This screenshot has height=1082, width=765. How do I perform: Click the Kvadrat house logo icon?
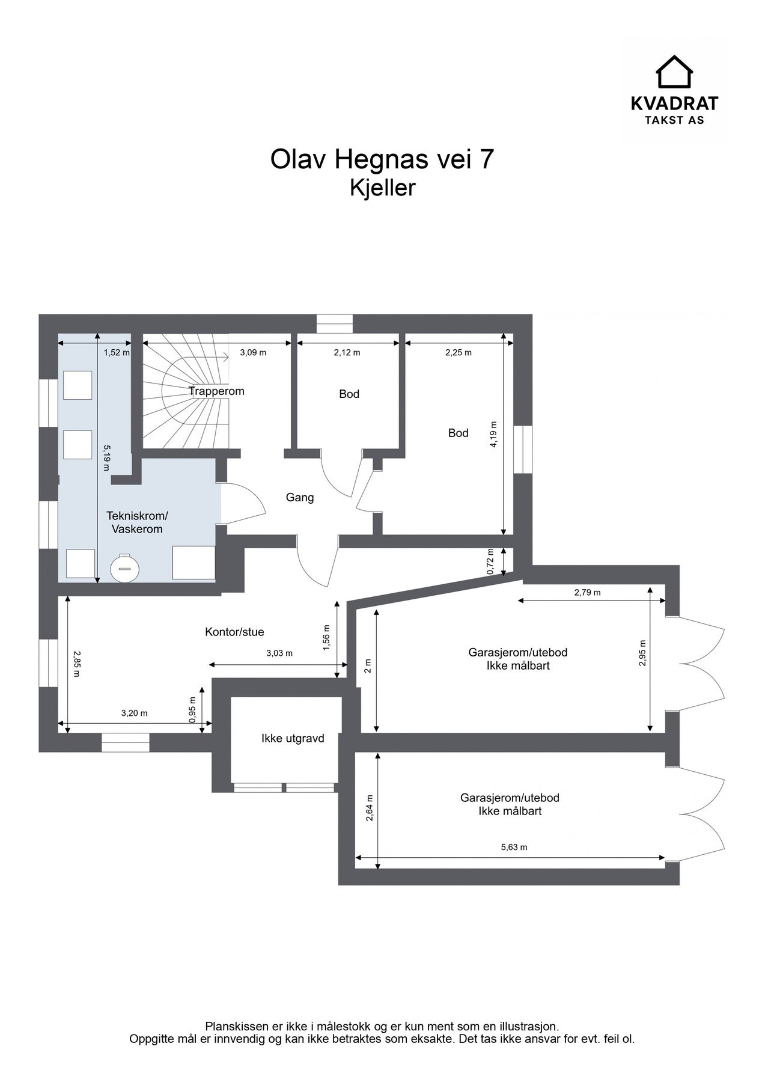[674, 72]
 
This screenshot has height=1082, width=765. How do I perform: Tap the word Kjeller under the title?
[383, 188]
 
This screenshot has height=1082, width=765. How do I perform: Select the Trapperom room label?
[216, 391]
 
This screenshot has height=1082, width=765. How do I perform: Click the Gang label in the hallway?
[300, 498]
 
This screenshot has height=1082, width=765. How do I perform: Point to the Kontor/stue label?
[234, 632]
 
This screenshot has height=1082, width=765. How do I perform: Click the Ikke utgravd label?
[293, 738]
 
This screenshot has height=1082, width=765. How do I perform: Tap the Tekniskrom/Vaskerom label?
[137, 522]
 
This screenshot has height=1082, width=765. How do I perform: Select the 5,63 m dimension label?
[514, 848]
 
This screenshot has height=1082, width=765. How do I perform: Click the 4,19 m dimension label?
[495, 433]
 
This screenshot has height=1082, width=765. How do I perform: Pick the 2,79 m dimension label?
[587, 592]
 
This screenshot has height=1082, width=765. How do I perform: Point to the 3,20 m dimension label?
[134, 714]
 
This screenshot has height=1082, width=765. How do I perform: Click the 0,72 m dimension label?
[490, 561]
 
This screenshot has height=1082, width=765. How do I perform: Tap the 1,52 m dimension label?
[117, 353]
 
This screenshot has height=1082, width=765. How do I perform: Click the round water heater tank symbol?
[124, 567]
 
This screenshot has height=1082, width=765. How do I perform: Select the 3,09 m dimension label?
[253, 353]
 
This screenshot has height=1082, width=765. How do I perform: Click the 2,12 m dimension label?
[347, 353]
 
